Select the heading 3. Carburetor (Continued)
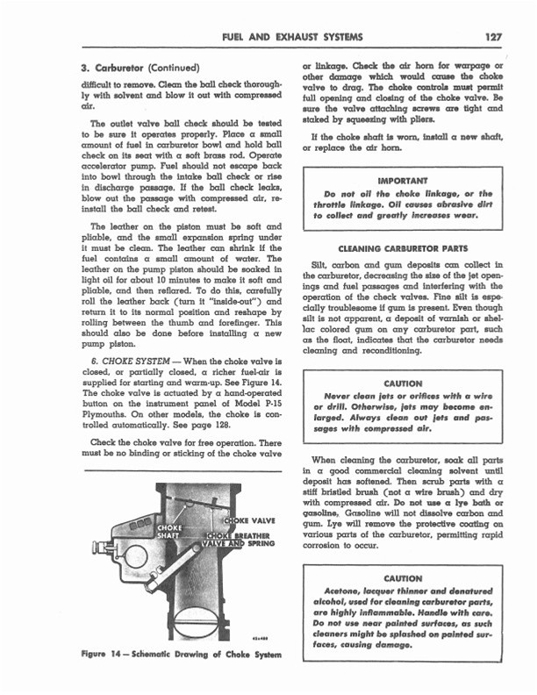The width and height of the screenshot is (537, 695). tap(140, 68)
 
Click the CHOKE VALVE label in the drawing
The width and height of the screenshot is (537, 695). tap(253, 520)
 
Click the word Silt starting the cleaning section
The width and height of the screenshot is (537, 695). tap(321, 264)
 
